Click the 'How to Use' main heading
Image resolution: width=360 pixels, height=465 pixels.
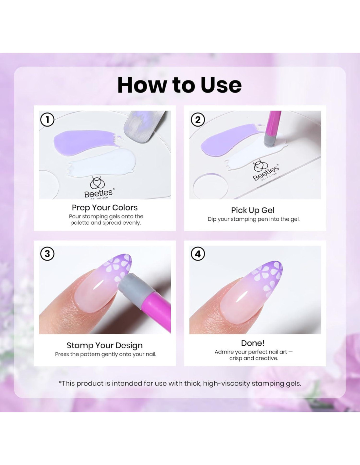180,85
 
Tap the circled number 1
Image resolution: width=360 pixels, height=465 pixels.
47,120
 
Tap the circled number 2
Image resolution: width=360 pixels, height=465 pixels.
198,120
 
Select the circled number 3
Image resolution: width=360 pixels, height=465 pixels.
47,254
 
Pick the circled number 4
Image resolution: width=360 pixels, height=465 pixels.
198,254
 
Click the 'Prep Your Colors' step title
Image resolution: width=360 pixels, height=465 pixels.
105,208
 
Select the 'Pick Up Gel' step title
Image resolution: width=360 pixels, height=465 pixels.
253,210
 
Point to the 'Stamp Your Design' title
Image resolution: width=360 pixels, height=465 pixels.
105,345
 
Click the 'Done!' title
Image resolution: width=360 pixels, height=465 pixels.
253,343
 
